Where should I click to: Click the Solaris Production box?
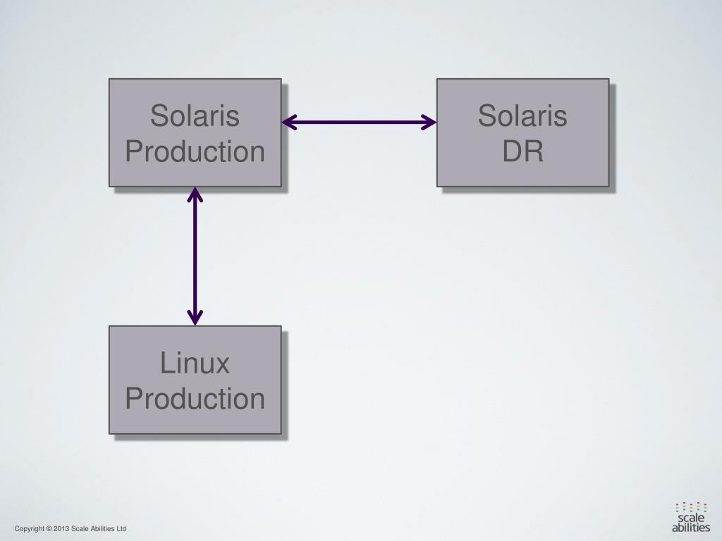click(195, 132)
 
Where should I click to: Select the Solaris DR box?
click(522, 132)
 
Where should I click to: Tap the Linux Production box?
click(195, 380)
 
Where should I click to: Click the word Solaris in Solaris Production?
click(195, 116)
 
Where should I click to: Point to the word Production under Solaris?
click(195, 151)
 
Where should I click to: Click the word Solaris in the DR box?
click(522, 116)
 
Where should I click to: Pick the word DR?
click(522, 151)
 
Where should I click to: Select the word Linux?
click(195, 363)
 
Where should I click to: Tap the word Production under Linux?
click(195, 399)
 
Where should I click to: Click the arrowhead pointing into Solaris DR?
click(430, 123)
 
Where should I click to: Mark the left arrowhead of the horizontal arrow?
click(288, 123)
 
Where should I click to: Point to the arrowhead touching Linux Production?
click(195, 318)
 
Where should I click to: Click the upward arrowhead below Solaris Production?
click(195, 194)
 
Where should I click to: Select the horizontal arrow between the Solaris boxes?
click(359, 123)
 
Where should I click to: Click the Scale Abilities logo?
click(691, 517)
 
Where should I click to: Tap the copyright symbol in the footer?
click(49, 529)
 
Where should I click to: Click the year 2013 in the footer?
click(61, 529)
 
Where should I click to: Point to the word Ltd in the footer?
click(121, 529)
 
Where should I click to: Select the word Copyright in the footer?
click(29, 529)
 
